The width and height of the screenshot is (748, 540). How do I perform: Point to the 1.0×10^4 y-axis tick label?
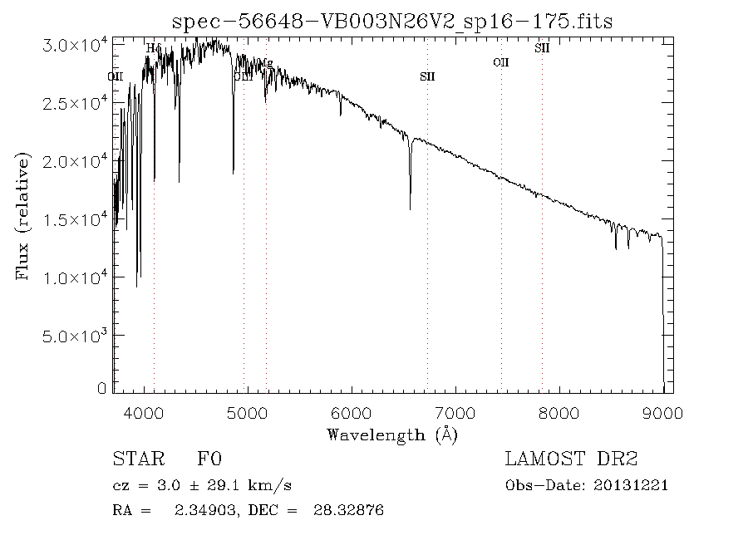(74, 277)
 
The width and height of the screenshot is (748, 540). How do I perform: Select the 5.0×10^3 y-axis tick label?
(74, 335)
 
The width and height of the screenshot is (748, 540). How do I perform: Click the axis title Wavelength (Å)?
(392, 434)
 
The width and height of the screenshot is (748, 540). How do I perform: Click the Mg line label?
(266, 63)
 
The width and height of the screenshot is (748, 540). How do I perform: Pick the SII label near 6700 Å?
(427, 77)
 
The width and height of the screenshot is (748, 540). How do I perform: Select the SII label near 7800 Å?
(542, 48)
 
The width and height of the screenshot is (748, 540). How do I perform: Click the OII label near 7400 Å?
(500, 62)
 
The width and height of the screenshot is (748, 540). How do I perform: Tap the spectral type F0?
(209, 459)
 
